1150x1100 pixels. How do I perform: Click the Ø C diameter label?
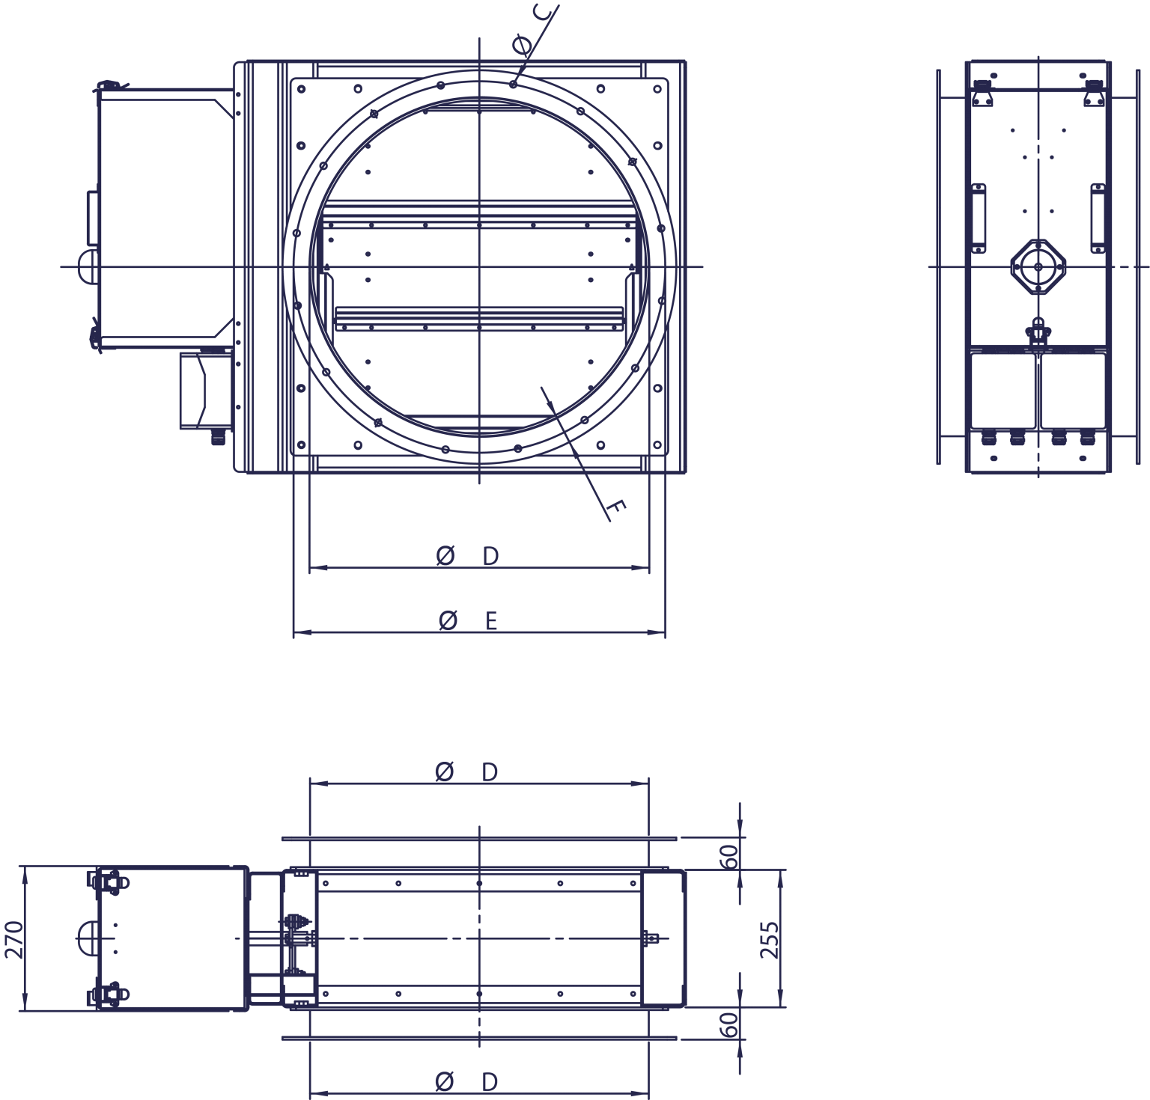[535, 30]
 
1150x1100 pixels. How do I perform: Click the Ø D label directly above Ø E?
[467, 556]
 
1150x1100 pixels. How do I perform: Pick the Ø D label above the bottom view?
[466, 771]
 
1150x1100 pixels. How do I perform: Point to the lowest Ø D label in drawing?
[466, 1081]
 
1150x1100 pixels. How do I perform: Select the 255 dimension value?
[769, 940]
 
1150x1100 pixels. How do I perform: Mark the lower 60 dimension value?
[729, 1024]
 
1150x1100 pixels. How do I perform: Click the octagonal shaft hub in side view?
[1038, 266]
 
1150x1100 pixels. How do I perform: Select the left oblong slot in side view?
[978, 217]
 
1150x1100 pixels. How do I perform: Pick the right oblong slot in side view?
[1098, 217]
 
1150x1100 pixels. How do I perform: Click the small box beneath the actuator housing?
[204, 391]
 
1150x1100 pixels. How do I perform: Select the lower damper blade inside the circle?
[479, 318]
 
